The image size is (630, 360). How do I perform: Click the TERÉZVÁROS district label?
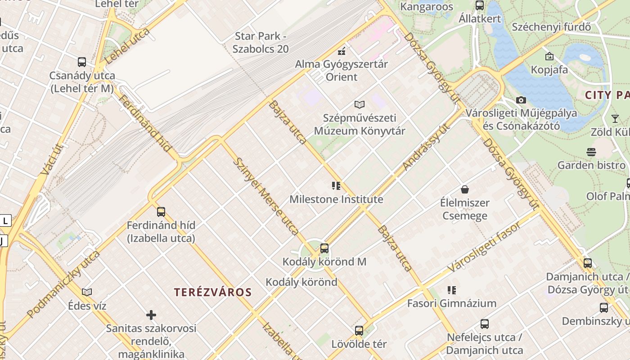[x=213, y=292]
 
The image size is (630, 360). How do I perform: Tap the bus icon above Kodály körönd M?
[x=324, y=248]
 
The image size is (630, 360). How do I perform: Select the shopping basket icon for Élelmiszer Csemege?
[x=464, y=189]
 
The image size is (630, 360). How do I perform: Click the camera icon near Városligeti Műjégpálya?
[x=521, y=100]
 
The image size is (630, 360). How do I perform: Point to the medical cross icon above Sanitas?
[x=151, y=315]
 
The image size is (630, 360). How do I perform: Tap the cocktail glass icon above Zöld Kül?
[x=615, y=119]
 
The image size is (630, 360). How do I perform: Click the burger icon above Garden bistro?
[x=591, y=152]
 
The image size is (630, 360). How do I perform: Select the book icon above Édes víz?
[x=87, y=292]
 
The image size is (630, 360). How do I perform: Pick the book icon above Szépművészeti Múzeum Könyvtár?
[x=359, y=105]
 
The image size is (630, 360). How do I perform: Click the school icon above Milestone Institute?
[x=336, y=185]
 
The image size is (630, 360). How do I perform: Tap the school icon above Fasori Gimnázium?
[x=451, y=290]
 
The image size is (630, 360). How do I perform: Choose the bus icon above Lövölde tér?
[x=359, y=331]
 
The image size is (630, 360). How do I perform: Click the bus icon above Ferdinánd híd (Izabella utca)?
[x=161, y=211]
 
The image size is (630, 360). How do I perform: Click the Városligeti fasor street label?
[x=484, y=247]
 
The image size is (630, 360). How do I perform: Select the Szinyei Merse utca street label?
[x=267, y=196]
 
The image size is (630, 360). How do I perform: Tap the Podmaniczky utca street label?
[x=63, y=284]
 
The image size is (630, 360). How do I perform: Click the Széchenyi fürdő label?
[x=551, y=27]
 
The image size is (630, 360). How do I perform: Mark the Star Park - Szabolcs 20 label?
[x=261, y=42]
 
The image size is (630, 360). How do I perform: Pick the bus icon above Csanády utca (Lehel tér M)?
[x=81, y=62]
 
